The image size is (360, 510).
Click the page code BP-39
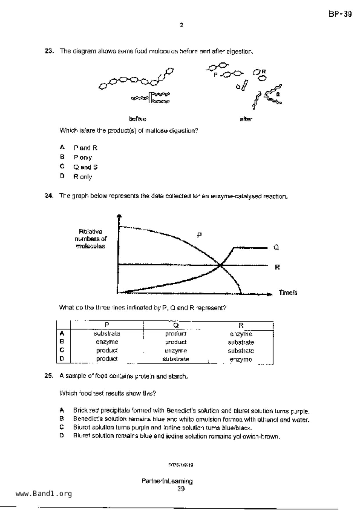(x=340, y=14)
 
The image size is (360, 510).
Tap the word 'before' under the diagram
(x=137, y=119)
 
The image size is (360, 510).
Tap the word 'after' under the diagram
(x=246, y=119)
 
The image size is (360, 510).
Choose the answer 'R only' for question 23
(x=83, y=177)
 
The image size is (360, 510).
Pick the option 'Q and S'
(x=85, y=167)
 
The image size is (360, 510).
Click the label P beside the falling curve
(x=199, y=235)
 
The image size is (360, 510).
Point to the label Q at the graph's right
(x=276, y=247)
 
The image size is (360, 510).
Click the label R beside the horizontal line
(x=277, y=267)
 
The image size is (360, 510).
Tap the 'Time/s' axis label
(x=288, y=293)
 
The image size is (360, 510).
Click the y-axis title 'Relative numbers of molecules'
(x=90, y=239)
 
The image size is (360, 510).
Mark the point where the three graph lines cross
(x=221, y=265)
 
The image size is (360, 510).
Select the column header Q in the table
(x=176, y=325)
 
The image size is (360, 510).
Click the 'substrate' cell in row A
(x=107, y=334)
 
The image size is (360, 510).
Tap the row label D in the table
(x=62, y=359)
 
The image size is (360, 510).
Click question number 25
(x=49, y=376)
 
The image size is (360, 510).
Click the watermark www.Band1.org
(x=44, y=494)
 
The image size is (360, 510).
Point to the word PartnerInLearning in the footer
(x=167, y=481)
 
